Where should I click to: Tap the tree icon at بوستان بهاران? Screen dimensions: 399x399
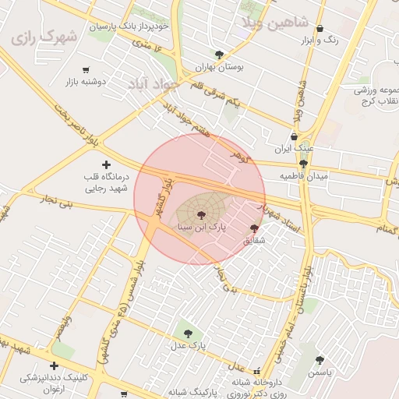(x=220, y=55)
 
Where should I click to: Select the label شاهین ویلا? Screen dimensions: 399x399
(x=269, y=22)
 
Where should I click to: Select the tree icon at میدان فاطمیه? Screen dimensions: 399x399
(x=303, y=164)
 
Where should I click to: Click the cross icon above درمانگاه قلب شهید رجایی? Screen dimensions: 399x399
(x=106, y=164)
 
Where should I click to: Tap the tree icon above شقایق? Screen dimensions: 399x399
(x=254, y=228)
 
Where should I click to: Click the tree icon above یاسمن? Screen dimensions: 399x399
(x=320, y=360)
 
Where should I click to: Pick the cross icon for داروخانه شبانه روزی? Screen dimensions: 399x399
(x=235, y=383)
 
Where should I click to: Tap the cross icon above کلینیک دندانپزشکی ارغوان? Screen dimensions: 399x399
(x=54, y=365)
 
